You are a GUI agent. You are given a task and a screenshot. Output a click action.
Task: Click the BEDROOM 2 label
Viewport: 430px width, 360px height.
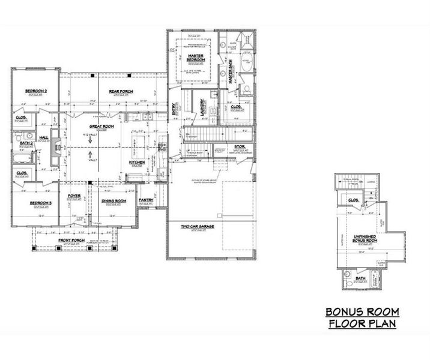pos(36,91)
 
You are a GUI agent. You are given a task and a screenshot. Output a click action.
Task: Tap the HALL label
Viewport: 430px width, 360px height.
pos(44,137)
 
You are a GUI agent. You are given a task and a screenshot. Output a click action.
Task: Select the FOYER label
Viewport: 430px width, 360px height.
pos(74,195)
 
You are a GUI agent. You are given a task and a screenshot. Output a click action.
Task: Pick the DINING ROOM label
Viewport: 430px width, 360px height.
pos(113,201)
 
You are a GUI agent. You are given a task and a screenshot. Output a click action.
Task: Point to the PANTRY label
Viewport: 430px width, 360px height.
pos(146,200)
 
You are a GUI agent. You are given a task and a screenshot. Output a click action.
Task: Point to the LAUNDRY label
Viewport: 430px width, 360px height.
pos(203,109)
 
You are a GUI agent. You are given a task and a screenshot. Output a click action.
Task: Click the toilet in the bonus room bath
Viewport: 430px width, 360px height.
pos(348,278)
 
